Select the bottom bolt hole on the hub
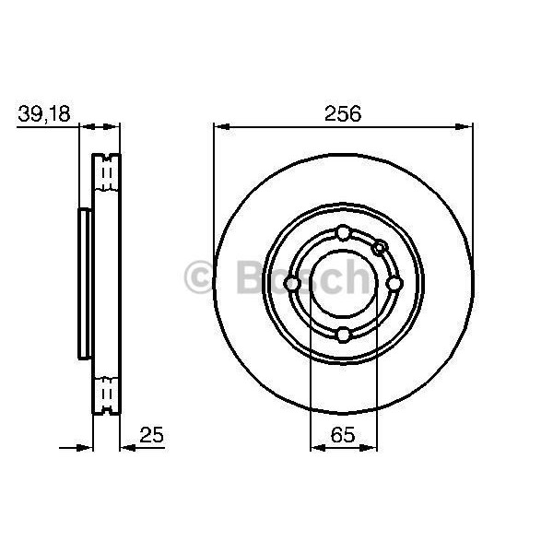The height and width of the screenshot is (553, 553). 342,334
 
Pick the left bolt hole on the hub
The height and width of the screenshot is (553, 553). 291,283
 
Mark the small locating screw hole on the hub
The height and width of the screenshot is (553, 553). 378,247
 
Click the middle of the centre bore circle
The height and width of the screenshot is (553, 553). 342,283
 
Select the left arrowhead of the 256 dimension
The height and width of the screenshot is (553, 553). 219,128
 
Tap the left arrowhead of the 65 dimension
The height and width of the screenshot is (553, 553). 317,450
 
